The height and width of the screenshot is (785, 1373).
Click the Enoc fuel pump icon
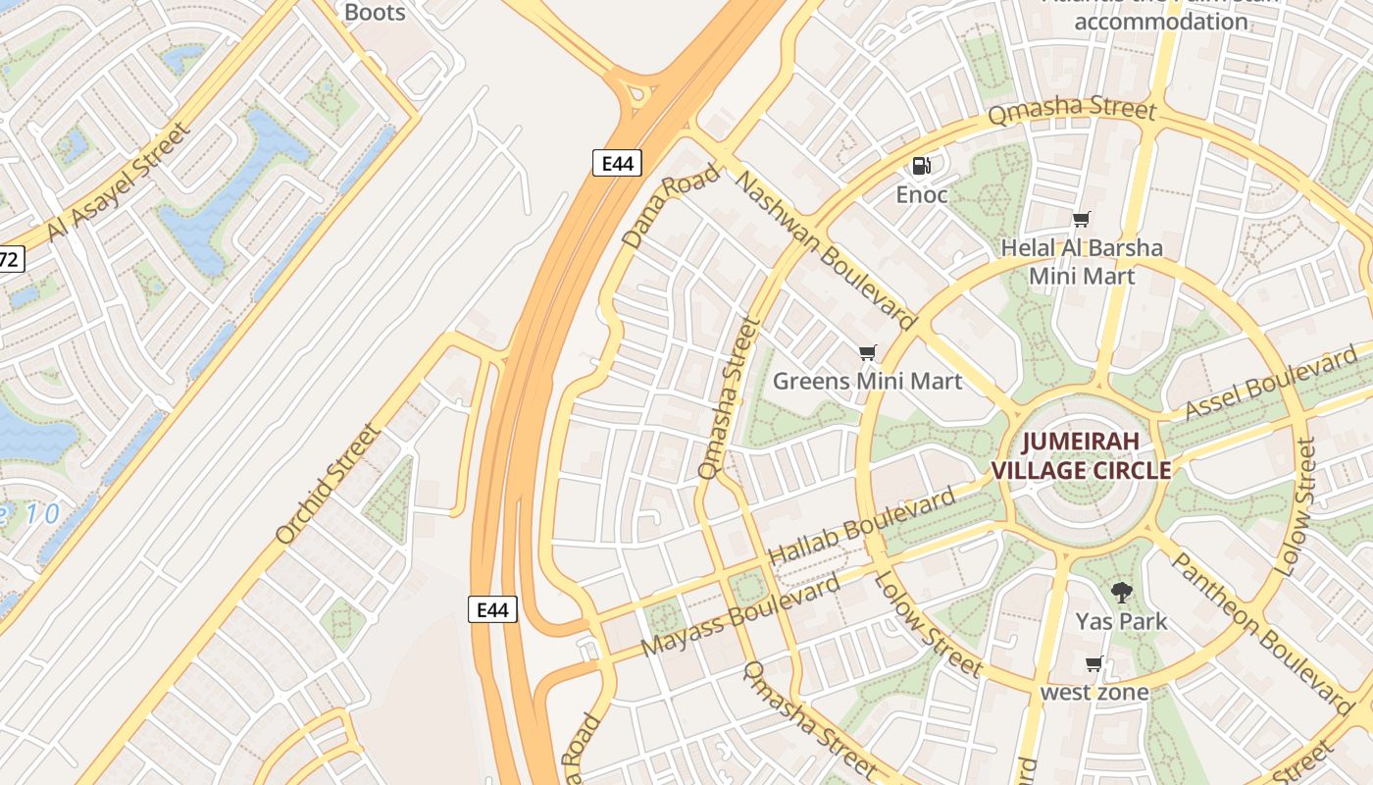(x=921, y=166)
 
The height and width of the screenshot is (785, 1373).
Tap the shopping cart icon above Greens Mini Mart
(x=867, y=352)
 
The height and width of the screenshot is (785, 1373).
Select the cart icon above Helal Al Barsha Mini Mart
(x=1081, y=220)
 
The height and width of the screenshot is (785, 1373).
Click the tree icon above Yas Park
(x=1121, y=593)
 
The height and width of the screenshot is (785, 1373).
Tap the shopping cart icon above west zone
(x=1094, y=664)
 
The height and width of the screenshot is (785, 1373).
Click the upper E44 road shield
(x=617, y=163)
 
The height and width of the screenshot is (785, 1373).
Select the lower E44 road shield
(x=491, y=609)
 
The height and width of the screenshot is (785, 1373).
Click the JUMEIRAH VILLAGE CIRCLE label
(x=1081, y=455)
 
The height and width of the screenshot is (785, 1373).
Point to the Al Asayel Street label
(x=118, y=182)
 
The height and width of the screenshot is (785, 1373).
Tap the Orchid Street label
(x=327, y=484)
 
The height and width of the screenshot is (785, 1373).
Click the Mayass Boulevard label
(x=740, y=615)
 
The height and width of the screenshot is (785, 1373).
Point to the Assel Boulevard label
(x=1271, y=383)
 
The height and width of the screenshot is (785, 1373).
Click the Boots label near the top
(x=375, y=12)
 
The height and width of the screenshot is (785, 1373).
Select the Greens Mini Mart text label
(x=867, y=381)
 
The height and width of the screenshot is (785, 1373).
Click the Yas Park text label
(x=1121, y=621)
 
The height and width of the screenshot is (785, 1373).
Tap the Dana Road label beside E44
(x=671, y=205)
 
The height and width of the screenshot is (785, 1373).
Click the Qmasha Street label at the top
(x=1071, y=108)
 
